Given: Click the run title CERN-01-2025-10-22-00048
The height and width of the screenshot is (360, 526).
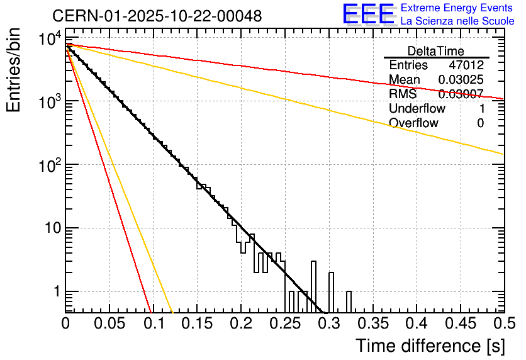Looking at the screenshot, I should tap(157, 16).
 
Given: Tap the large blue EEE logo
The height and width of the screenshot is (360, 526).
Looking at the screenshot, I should tap(368, 14).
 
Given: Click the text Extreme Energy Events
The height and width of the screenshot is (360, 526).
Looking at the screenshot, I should tap(457, 8).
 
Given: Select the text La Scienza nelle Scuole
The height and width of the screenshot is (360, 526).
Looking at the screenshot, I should tap(457, 21).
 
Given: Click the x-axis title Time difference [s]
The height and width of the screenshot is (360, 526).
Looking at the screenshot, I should tap(430, 346).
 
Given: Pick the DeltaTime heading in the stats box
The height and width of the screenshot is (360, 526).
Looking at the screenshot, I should tap(436, 51).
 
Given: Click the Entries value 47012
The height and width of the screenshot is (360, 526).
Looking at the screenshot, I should tap(466, 65).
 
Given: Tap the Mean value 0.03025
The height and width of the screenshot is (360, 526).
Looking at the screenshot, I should tap(461, 80).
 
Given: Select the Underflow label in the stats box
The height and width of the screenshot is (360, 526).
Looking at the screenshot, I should tap(417, 109).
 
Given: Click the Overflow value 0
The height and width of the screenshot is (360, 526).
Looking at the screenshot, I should tap(480, 123).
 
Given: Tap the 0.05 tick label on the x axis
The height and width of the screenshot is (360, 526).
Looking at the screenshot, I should tap(109, 323).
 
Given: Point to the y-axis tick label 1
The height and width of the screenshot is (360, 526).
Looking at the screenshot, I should tap(56, 292).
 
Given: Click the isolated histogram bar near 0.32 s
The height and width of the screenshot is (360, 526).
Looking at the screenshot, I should tap(349, 301).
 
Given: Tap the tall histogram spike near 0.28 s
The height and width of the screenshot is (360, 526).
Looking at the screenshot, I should tap(313, 286).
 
